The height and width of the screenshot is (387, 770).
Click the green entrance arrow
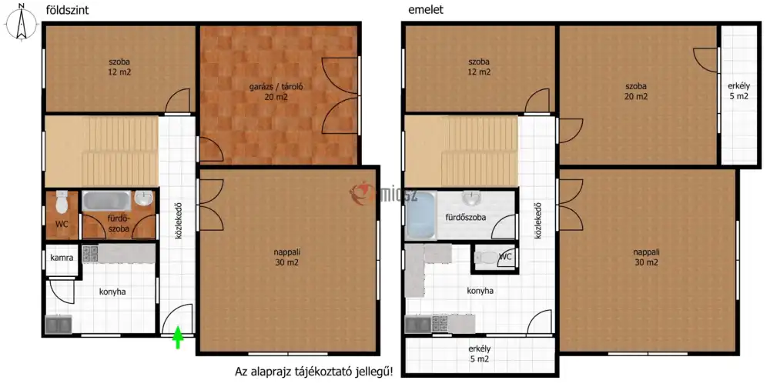(x=178, y=339)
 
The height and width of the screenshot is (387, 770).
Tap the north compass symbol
(x=21, y=22)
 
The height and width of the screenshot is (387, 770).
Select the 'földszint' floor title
(x=67, y=10)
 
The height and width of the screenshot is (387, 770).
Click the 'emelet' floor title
(x=426, y=10)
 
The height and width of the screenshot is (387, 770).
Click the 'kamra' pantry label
(x=62, y=258)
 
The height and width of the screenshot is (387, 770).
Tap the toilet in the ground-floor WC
(x=62, y=202)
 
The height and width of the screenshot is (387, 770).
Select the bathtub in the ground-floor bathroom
(x=106, y=201)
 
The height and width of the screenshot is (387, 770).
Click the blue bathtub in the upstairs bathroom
(x=421, y=215)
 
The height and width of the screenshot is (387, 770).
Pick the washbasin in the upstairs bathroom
(x=471, y=198)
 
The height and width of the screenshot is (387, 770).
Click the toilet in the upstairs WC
(x=486, y=257)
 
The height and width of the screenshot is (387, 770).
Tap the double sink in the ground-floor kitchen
(x=59, y=324)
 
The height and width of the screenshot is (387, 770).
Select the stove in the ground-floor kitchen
(x=90, y=253)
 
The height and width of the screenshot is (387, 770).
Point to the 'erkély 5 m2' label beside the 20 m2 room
(x=738, y=92)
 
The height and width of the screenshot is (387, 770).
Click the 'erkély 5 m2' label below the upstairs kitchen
(x=480, y=354)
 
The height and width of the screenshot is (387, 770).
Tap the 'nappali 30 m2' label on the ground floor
(x=286, y=258)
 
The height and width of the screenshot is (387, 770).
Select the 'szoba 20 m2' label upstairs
(x=636, y=92)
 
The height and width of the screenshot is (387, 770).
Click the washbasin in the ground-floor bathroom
(x=144, y=199)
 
